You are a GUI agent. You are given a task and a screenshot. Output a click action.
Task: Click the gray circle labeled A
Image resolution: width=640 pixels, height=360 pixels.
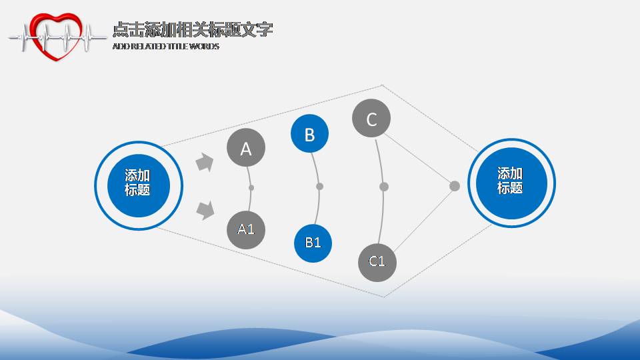tap(246, 148)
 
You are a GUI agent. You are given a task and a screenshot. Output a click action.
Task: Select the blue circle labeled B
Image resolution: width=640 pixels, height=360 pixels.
tap(309, 134)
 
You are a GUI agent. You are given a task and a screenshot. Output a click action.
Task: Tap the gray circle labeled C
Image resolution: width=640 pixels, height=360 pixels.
tap(371, 119)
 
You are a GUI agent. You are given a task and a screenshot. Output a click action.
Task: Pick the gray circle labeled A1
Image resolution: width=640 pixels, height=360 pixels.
tap(246, 229)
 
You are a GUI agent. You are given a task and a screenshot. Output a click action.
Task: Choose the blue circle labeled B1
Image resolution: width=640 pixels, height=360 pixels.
tap(313, 243)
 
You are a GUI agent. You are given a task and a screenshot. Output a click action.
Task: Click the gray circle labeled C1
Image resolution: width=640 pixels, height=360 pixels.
tap(377, 261)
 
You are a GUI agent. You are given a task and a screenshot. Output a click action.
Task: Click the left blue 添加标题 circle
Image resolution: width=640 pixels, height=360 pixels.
tap(138, 183)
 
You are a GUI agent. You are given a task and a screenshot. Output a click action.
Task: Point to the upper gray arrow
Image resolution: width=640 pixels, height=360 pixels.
tap(204, 163)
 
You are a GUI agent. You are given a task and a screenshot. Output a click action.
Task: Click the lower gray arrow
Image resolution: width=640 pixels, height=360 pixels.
tap(205, 211)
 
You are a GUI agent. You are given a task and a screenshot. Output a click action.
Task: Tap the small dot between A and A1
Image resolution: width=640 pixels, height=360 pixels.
tap(251, 188)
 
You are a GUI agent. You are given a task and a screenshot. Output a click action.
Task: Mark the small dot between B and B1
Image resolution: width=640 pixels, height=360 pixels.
tap(319, 187)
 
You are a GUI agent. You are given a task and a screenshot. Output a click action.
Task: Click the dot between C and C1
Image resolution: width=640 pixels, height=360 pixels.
tap(383, 187)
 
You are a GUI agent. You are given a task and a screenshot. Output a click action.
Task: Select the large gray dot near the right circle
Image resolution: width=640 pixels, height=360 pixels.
tap(455, 186)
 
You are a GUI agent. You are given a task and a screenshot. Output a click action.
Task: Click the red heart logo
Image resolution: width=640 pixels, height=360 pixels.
tap(58, 36)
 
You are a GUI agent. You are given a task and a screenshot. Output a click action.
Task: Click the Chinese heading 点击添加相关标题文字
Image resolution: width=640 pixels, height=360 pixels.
tap(193, 30)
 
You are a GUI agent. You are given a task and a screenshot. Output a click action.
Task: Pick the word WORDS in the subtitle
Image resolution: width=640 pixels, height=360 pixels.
tap(204, 47)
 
